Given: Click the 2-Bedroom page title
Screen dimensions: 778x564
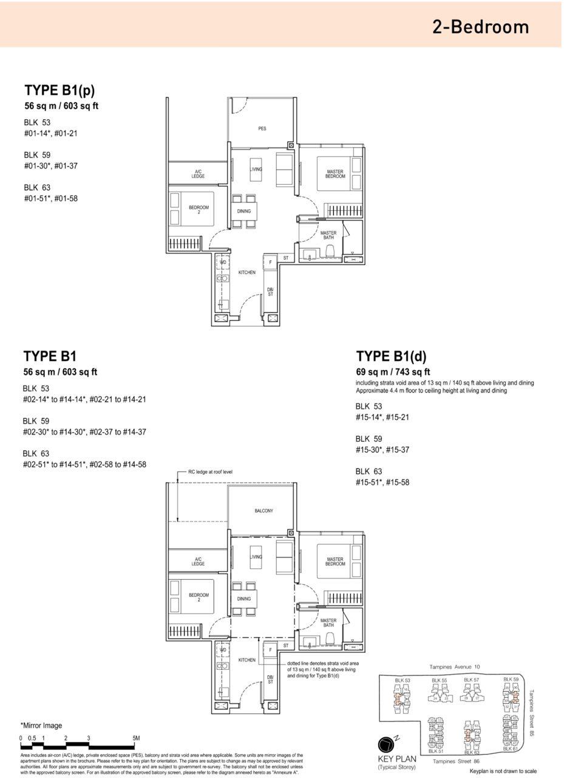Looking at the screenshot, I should pos(480,27).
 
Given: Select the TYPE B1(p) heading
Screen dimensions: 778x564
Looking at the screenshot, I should pos(59,91).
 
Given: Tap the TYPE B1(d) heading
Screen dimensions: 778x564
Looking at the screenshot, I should pos(392,356).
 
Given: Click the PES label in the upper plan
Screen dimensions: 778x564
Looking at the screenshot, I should pos(262,128).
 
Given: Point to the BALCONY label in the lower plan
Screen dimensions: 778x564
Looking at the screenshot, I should pos(263,511).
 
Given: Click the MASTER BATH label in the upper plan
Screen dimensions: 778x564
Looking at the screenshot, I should pos(328,235).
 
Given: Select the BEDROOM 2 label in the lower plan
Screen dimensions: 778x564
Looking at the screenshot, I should pos(199,597).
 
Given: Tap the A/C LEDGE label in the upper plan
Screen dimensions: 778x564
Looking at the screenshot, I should pos(199,174).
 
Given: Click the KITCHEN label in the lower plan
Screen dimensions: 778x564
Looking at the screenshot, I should pos(246,660).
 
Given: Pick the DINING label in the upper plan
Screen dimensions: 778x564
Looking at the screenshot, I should pos(244,212).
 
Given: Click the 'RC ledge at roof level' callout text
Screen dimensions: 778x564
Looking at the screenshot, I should pos(210,472).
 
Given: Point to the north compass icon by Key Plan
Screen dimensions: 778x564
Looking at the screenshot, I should pos(387,745).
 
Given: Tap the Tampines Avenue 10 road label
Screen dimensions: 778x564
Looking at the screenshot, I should pos(454,667).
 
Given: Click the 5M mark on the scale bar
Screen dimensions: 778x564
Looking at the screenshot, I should pos(136,738).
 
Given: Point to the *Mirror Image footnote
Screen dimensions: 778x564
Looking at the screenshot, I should pos(41,725).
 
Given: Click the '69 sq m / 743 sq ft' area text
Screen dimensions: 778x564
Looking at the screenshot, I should pos(393,373).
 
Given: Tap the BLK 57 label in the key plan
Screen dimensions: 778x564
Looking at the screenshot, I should pos(471,680).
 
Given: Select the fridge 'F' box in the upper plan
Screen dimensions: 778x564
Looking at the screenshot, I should pos(270,263).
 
